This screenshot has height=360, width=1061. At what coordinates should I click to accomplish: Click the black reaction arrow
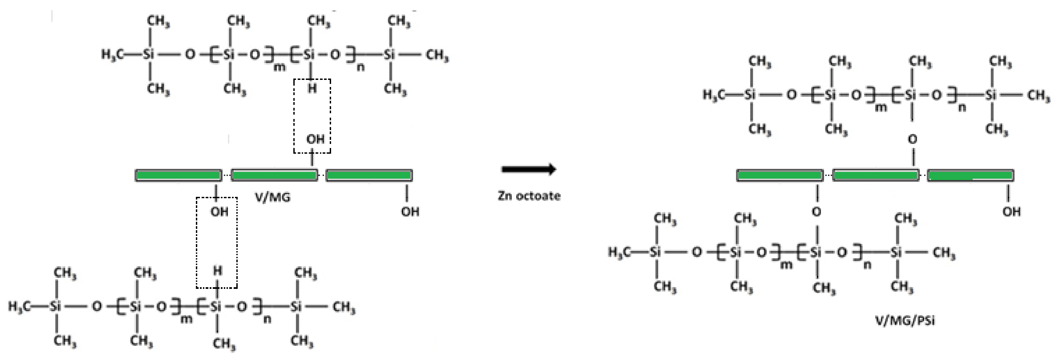pyautogui.click(x=528, y=169)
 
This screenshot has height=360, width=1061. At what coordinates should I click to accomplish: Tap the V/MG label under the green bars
pyautogui.click(x=272, y=198)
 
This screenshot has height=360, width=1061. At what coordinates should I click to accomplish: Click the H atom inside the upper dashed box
pyautogui.click(x=312, y=88)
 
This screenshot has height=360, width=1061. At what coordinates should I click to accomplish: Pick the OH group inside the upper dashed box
pyautogui.click(x=315, y=139)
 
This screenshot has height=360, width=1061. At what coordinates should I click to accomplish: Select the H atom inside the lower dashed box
pyautogui.click(x=217, y=271)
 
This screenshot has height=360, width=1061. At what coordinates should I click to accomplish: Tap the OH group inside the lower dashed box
pyautogui.click(x=219, y=212)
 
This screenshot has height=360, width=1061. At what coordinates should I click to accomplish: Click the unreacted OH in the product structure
pyautogui.click(x=1011, y=212)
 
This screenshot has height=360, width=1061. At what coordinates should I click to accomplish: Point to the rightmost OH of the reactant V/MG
pyautogui.click(x=410, y=212)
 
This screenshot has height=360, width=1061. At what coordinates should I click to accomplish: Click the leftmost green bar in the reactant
pyautogui.click(x=178, y=176)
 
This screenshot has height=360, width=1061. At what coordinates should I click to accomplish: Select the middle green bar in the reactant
pyautogui.click(x=274, y=176)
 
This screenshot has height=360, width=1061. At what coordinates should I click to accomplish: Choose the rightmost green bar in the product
pyautogui.click(x=970, y=176)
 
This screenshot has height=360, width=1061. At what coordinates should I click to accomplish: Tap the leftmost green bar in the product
pyautogui.click(x=780, y=176)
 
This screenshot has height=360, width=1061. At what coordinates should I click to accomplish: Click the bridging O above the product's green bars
pyautogui.click(x=913, y=140)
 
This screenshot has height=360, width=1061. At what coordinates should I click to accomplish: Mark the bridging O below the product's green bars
pyautogui.click(x=816, y=212)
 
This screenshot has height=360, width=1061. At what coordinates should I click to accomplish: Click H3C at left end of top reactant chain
pyautogui.click(x=112, y=55)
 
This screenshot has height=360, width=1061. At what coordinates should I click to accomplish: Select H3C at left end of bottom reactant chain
pyautogui.click(x=19, y=306)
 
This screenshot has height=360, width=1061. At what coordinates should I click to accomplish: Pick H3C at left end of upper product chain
pyautogui.click(x=713, y=95)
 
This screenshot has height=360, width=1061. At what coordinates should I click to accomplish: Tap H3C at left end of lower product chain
pyautogui.click(x=619, y=252)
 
